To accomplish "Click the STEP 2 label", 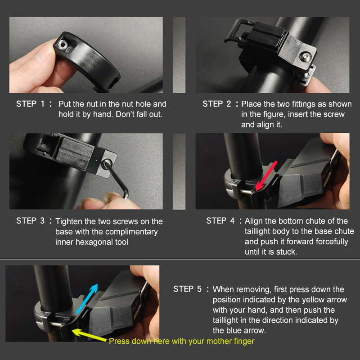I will pos(217,104).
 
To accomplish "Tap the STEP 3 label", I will pos(31,221).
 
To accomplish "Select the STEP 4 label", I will pos(221,221).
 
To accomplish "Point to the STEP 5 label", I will pos(188,289).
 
